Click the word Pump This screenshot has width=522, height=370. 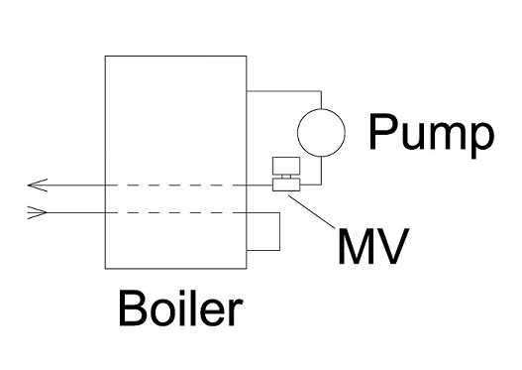pyautogui.click(x=429, y=133)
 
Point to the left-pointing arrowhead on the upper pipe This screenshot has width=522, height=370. pyautogui.click(x=37, y=185)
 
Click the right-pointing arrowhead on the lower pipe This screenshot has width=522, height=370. pyautogui.click(x=37, y=211)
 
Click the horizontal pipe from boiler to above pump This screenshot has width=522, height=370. pyautogui.click(x=282, y=91)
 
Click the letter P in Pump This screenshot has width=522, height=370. pyautogui.click(x=381, y=133)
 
